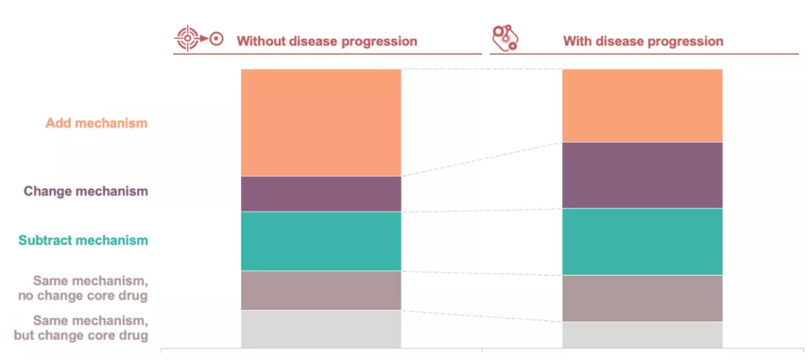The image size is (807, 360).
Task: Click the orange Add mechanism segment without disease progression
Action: (320, 123)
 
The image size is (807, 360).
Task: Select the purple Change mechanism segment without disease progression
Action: (320, 194)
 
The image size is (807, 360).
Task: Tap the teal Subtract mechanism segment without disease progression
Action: (320, 241)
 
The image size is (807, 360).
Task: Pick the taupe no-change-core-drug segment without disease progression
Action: (320, 290)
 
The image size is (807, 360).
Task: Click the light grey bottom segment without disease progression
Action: (320, 329)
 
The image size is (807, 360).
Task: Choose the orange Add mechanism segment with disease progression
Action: (643, 106)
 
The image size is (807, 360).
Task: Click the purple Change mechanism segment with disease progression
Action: (643, 175)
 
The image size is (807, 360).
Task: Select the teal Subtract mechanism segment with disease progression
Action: (643, 242)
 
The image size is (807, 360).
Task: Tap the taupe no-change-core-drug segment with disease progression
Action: (643, 299)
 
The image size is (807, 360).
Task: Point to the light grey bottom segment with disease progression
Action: (643, 334)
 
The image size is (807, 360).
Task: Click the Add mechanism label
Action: (96, 124)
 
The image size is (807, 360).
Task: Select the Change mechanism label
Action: (86, 191)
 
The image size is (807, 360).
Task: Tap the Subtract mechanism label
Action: (83, 240)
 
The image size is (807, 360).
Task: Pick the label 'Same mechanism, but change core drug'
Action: (81, 329)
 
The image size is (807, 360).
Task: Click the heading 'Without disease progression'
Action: (327, 42)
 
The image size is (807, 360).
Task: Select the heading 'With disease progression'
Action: (644, 42)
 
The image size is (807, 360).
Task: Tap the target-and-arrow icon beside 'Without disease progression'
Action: (199, 38)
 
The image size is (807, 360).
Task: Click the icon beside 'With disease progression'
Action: (505, 38)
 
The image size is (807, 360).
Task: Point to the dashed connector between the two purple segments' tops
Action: (482, 159)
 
